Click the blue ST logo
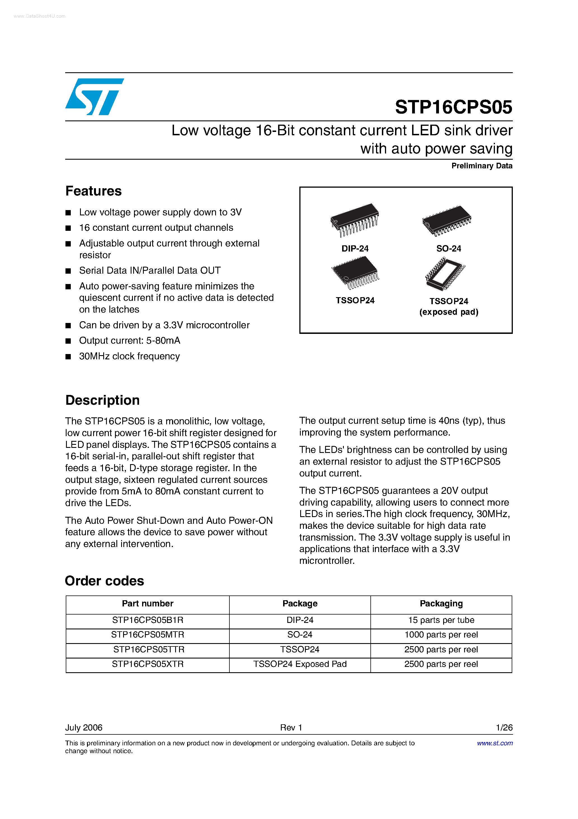coord(95,97)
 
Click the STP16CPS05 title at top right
coord(453,107)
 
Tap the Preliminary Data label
coord(481,166)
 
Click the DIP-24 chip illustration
coord(354,220)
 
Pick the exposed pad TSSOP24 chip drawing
coord(445,274)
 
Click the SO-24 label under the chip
coord(449,249)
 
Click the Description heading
coord(102,400)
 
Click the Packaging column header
coord(441,604)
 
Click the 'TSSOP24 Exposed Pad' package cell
coord(300,664)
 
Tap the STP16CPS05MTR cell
coord(147,635)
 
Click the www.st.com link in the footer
coord(495,743)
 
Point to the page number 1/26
coord(504,728)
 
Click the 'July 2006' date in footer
coord(84,728)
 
